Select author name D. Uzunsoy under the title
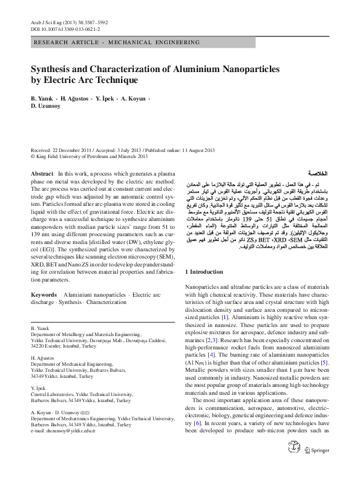point(47,106)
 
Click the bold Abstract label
point(41,174)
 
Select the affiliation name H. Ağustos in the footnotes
point(43,357)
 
